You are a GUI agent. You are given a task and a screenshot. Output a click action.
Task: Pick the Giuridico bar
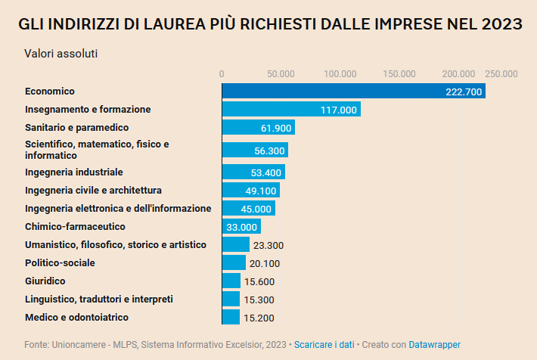231,281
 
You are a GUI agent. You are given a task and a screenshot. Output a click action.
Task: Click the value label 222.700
464,92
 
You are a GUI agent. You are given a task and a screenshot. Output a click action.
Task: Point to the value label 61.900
276,129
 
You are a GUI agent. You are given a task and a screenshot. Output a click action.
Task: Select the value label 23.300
268,245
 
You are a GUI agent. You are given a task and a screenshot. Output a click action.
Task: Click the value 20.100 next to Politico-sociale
264,263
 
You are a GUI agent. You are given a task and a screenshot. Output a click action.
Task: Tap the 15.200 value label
258,318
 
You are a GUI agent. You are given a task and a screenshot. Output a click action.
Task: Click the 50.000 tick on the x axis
281,73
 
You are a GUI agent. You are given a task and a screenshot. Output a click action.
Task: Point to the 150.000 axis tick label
399,73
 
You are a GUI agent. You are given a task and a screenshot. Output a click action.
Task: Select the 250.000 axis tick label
501,73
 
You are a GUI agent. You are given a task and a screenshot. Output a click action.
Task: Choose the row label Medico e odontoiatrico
76,318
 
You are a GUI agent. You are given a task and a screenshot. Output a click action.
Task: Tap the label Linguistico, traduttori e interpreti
99,299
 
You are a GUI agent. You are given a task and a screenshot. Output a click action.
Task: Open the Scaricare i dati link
324,345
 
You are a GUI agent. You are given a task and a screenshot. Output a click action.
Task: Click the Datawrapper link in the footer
434,345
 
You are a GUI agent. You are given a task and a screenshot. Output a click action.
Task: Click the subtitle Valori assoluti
61,54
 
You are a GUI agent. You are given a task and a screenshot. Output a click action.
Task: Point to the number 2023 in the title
501,24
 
